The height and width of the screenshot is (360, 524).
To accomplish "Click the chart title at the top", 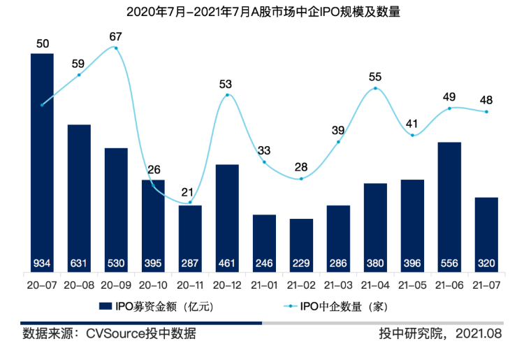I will [x=262, y=12].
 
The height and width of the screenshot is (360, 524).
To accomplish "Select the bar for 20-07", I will [x=42, y=161].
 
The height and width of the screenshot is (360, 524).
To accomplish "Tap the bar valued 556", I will [x=449, y=206].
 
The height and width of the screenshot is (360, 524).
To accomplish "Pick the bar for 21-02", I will [x=301, y=245].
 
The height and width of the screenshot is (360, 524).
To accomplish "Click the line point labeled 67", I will [x=116, y=48].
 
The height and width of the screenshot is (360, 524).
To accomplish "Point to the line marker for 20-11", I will [x=190, y=203].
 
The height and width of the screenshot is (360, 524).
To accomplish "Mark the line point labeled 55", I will [x=375, y=88].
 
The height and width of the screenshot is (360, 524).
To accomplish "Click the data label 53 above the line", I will [x=226, y=84].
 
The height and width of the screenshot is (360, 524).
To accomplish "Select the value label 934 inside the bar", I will [x=42, y=264].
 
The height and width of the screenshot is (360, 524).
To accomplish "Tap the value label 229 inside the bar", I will [x=301, y=264].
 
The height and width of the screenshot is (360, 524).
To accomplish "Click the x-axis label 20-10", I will [x=153, y=286].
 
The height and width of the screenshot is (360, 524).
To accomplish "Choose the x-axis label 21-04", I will [x=375, y=286].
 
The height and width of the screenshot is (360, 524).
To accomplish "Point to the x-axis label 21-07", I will [x=486, y=286].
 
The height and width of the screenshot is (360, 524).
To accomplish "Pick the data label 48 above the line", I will [x=486, y=99].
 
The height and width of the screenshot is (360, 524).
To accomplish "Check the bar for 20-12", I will [x=227, y=217].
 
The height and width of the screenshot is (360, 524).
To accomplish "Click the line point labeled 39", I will [x=338, y=142].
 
